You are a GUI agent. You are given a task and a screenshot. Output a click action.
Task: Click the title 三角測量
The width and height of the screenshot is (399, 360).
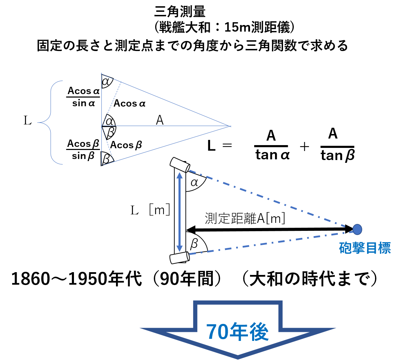point(180,11)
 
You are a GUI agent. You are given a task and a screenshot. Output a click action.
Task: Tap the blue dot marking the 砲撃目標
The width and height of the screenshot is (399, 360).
point(357,229)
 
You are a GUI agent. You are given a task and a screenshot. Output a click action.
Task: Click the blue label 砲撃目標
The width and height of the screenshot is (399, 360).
point(365,248)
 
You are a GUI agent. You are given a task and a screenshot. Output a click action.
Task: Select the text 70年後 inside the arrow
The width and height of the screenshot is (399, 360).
point(237,332)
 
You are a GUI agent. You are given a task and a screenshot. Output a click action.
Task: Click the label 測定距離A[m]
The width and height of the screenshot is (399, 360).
point(245,218)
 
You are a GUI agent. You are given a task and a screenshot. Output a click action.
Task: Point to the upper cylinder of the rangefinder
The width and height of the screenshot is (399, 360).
point(180,165)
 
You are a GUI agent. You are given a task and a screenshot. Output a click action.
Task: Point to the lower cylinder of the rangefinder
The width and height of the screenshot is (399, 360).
point(180,258)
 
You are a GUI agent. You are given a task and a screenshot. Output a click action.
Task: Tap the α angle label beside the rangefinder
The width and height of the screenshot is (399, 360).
point(194,182)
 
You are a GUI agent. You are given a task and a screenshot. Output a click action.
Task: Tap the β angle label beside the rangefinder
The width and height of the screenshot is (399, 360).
point(194,243)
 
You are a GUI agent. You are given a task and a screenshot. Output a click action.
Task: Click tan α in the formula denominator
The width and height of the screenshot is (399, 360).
point(272,155)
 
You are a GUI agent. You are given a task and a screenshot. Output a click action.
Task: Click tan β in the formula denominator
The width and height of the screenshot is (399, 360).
point(338,155)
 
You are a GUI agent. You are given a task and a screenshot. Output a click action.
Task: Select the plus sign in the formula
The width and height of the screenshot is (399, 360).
point(304,147)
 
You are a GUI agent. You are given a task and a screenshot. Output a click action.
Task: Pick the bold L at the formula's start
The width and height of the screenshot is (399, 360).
point(211,146)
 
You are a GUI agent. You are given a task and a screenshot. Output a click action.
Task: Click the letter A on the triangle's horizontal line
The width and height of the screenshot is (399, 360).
point(159,120)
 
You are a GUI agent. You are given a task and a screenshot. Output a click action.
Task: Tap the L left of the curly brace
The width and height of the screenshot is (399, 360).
point(27,120)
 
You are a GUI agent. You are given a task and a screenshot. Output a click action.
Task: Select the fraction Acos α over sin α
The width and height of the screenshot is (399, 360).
point(83,97)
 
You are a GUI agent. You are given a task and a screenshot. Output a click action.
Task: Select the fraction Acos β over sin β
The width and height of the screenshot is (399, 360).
point(83,150)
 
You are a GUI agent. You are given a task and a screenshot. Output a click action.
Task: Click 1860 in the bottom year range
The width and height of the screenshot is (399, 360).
point(31,279)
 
